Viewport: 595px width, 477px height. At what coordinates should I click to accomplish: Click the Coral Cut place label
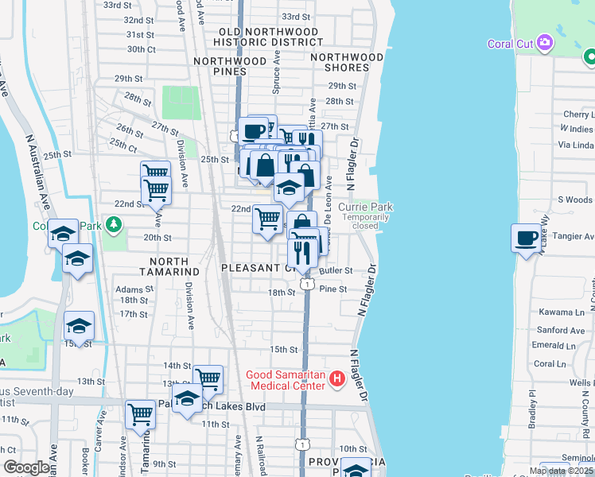(x=510, y=44)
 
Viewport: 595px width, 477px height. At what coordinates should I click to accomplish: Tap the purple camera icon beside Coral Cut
(x=545, y=42)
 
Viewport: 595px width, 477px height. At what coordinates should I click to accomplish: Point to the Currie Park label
(x=365, y=207)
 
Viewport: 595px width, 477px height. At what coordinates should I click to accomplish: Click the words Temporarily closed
(x=366, y=221)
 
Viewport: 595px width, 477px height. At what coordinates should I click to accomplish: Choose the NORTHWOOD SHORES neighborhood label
(x=340, y=62)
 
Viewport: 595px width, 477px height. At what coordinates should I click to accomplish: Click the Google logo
(x=26, y=467)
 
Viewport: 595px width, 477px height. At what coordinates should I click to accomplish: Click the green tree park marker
(x=114, y=226)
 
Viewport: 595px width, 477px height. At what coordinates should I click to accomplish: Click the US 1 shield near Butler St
(x=306, y=284)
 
